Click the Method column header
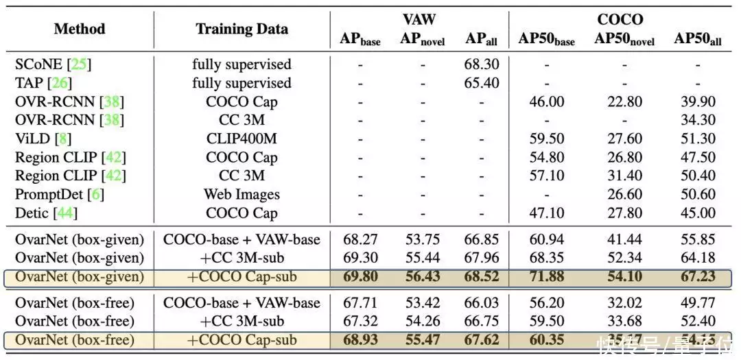click(80, 29)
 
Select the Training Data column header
click(242, 29)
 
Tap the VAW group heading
click(419, 19)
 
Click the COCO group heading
click(620, 19)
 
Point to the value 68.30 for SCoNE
click(482, 64)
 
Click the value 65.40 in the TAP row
click(482, 83)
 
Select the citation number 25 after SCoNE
click(79, 64)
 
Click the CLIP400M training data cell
click(242, 139)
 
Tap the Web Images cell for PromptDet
click(242, 194)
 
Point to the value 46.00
click(546, 101)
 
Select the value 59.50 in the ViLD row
click(546, 139)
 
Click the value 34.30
click(697, 120)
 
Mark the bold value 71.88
click(546, 277)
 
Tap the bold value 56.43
click(423, 277)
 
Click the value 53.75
click(423, 240)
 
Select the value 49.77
click(697, 302)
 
